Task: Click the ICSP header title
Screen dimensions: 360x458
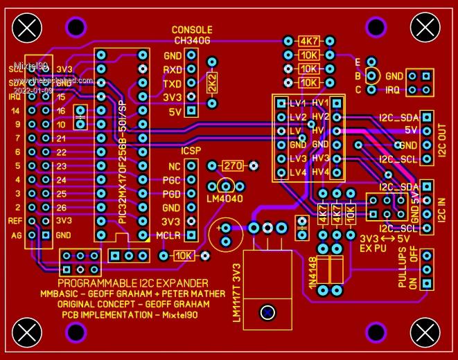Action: click(191, 151)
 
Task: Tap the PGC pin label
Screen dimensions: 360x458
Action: click(171, 180)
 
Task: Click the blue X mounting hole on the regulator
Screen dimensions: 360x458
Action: click(267, 313)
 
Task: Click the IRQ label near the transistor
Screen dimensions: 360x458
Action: click(393, 90)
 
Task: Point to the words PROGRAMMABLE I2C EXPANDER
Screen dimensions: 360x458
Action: click(132, 283)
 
